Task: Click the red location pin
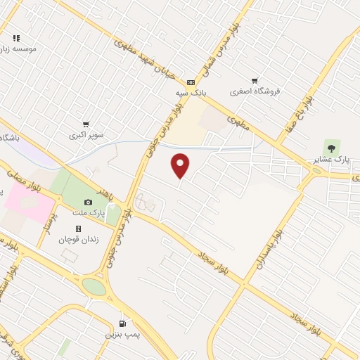click(181, 165)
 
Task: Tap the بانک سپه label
click(191, 92)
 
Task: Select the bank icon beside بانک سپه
click(191, 82)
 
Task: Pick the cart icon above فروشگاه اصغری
click(254, 81)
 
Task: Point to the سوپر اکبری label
click(86, 134)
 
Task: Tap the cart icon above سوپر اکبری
click(86, 124)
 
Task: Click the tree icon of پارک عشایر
click(331, 148)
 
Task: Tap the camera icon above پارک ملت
click(88, 202)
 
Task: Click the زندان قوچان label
click(78, 239)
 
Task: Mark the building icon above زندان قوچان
click(78, 229)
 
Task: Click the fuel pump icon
click(124, 324)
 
